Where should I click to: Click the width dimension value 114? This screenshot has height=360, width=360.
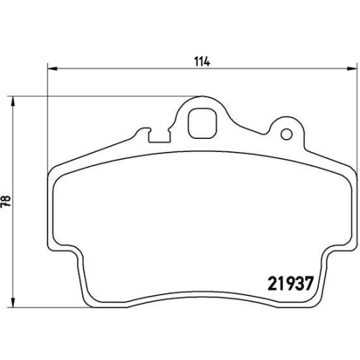tap(202, 62)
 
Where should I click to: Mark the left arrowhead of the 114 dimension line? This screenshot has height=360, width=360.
tap(51, 69)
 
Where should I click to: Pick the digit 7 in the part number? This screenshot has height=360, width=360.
tap(307, 282)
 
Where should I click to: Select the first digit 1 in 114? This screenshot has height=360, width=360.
tap(196, 62)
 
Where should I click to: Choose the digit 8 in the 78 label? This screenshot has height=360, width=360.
tap(6, 199)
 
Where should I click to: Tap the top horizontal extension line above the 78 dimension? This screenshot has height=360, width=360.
tap(29, 96)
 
